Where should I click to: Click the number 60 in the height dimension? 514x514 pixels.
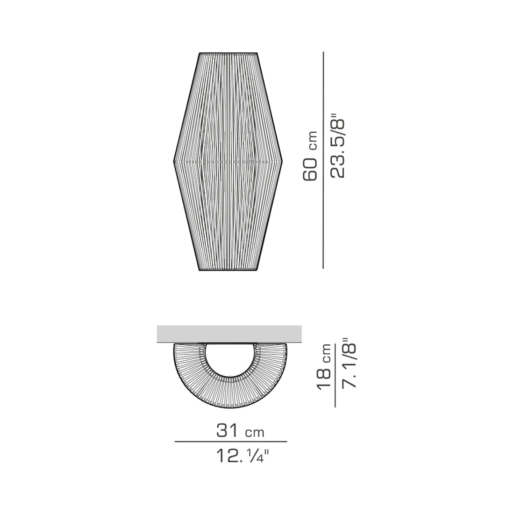[310, 169]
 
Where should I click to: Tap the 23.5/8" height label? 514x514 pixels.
[337, 147]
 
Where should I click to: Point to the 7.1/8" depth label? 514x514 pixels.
[350, 363]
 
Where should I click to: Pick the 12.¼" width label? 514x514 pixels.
[239, 456]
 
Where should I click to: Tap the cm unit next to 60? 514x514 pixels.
[312, 140]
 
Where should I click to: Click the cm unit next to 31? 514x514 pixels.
[255, 432]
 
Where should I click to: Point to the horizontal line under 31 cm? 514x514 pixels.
[230, 441]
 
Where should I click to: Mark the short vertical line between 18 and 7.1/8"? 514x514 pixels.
[335, 374]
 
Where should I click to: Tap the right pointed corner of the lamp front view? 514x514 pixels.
[283, 161]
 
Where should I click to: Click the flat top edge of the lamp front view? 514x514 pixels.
[228, 53]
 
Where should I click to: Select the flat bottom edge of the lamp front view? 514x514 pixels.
[228, 271]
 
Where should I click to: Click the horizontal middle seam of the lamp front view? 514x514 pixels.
[228, 162]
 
